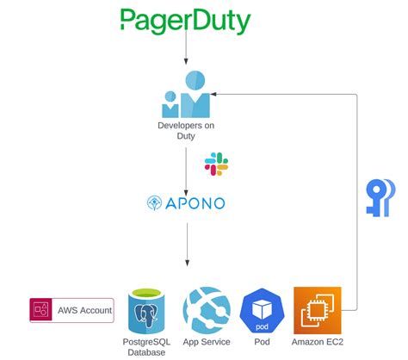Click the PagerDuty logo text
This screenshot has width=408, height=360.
point(185,21)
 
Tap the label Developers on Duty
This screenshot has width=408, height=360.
point(185,131)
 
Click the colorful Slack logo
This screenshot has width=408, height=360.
point(215,164)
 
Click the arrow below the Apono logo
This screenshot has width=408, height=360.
point(185,250)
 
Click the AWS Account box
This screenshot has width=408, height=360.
point(71,310)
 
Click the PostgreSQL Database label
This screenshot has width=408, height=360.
point(147,348)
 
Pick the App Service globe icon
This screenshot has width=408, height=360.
point(206,309)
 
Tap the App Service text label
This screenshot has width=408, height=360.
point(206,343)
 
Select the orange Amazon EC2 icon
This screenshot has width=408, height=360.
point(317,310)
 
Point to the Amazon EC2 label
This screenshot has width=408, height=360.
point(317,343)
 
